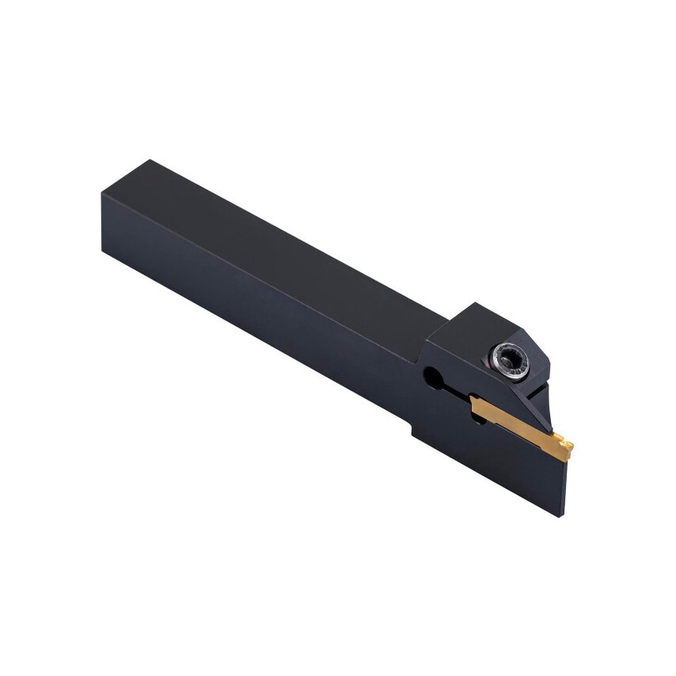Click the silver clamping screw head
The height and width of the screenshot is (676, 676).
pyautogui.click(x=510, y=362)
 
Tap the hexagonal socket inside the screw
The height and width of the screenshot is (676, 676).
pyautogui.click(x=511, y=360)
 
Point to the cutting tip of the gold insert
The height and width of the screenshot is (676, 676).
pyautogui.click(x=568, y=450)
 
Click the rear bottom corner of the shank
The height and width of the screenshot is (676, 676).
pyautogui.click(x=104, y=250)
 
